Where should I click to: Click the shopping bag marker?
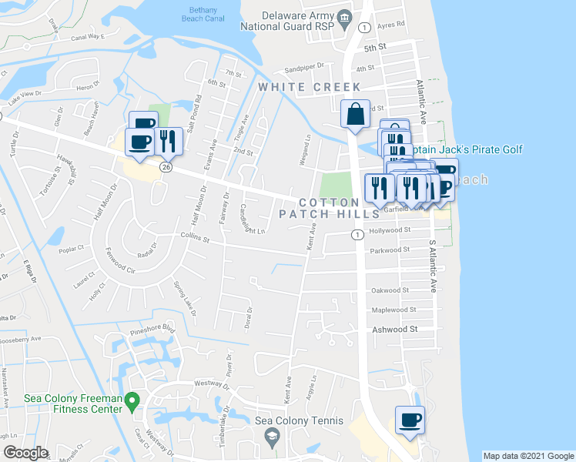(x=356, y=115)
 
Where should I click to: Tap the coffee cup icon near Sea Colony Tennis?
(x=409, y=420)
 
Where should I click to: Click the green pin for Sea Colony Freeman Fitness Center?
(x=132, y=400)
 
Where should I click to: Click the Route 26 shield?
(x=166, y=166)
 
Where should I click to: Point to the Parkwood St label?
(x=390, y=250)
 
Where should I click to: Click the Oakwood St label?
(x=390, y=290)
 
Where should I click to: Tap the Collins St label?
(x=195, y=239)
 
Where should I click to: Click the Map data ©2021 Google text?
(x=527, y=456)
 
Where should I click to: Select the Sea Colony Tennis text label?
(x=291, y=421)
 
